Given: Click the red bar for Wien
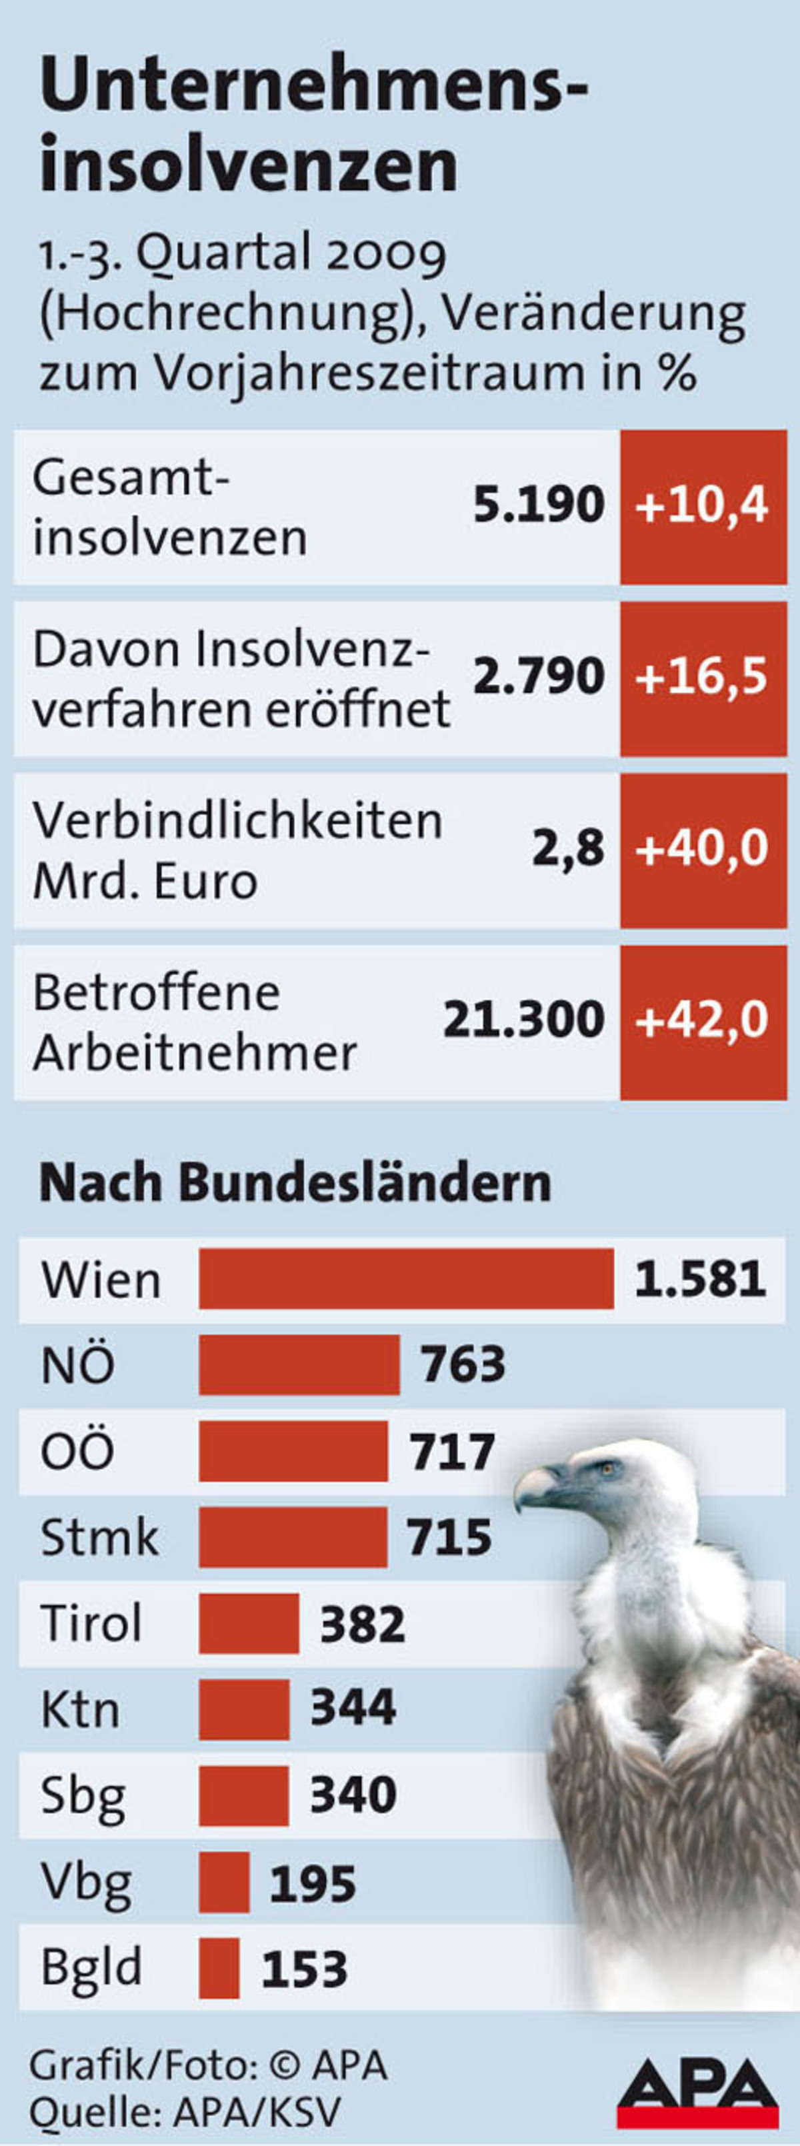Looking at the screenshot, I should pyautogui.click(x=405, y=1279).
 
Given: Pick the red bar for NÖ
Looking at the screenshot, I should pyautogui.click(x=299, y=1364).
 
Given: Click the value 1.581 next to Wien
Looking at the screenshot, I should pyautogui.click(x=700, y=1280).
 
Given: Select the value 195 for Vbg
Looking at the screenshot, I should pyautogui.click(x=313, y=1881).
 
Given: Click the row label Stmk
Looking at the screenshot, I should pyautogui.click(x=99, y=1537).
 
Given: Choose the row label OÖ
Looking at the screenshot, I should pyautogui.click(x=77, y=1451).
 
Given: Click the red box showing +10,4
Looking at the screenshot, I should pyautogui.click(x=703, y=507).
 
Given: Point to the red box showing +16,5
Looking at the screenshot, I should pyautogui.click(x=703, y=678).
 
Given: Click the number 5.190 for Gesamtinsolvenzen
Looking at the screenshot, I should pyautogui.click(x=539, y=505).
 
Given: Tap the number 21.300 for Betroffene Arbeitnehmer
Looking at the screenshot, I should pyautogui.click(x=523, y=1020).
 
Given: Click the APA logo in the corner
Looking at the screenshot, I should pyautogui.click(x=697, y=2092).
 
